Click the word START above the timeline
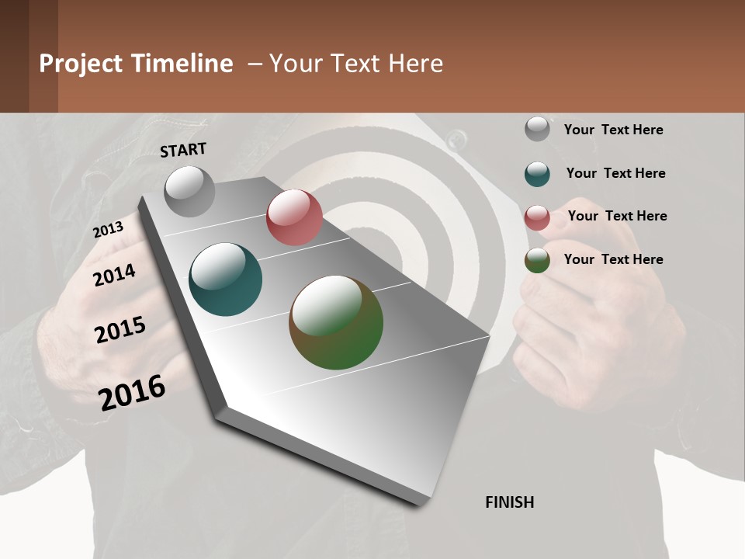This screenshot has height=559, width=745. pos(183,150)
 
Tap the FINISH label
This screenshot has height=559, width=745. pos(510,502)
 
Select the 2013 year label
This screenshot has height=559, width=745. pos(108,230)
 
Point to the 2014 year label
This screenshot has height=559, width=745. pos(115,275)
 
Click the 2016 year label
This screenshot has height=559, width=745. pos(132,392)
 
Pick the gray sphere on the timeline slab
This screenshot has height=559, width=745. pos(190,191)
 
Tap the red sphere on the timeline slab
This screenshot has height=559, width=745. pos(294,217)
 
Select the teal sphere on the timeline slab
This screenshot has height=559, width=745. pos(226,279)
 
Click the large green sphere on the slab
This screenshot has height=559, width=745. pos(336,322)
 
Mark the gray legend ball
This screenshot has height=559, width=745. pos(537,129)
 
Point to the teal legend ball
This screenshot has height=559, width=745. pos(537,173)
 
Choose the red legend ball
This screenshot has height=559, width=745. pos(537,217)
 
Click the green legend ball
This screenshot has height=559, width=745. pos(537,260)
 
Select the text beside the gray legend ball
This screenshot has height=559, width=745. pos(613,130)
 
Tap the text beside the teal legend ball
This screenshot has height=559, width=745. pos(615,173)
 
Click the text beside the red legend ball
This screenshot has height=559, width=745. pos(617,216)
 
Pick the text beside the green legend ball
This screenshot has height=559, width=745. pos(613,259)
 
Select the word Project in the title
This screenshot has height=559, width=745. pos(81,64)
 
